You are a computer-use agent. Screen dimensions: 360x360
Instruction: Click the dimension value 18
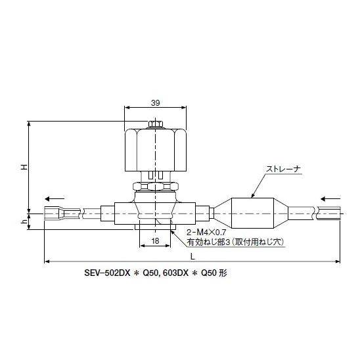click(x=155, y=241)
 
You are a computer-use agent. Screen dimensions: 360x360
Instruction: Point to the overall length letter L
click(x=192, y=255)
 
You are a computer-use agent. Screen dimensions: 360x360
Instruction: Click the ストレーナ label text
click(x=282, y=169)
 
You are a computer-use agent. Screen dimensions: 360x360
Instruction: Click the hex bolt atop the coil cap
click(x=155, y=124)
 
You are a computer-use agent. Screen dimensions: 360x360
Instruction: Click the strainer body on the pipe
click(x=254, y=211)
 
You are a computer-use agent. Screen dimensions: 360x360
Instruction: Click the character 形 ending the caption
click(x=223, y=271)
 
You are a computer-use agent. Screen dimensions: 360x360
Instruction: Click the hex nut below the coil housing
click(x=155, y=186)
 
